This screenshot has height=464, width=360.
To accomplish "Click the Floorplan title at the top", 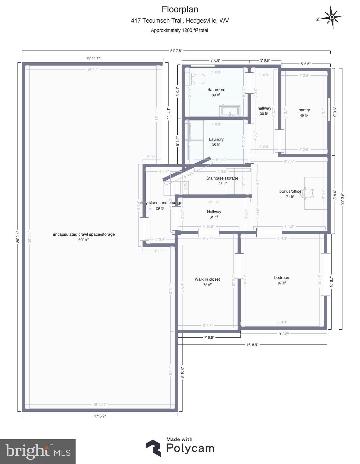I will coord(180,9).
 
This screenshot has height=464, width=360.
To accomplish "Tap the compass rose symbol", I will coord(332,18).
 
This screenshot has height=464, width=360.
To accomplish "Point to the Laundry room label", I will coord(216,139).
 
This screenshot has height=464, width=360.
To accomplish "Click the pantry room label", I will coord(304,110).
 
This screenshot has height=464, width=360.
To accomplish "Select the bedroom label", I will coord(282,278).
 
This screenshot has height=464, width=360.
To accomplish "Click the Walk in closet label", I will coord(207,279).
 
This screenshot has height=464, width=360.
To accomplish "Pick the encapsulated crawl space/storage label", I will coord(84,234).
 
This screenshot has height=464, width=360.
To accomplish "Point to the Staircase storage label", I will coord(222,178).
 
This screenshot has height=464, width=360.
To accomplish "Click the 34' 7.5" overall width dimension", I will coord(176,51).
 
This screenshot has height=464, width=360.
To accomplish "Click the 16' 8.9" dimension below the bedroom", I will coord(252,344).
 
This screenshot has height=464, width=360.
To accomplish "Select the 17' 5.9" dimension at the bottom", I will coord(100,416).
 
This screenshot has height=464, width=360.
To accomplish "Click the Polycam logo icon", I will coord(153,448).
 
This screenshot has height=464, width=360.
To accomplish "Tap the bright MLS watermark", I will coord(38,452).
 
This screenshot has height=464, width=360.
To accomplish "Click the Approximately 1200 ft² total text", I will coord(180,30).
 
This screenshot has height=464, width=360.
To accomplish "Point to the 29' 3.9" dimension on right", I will coord(342,198).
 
